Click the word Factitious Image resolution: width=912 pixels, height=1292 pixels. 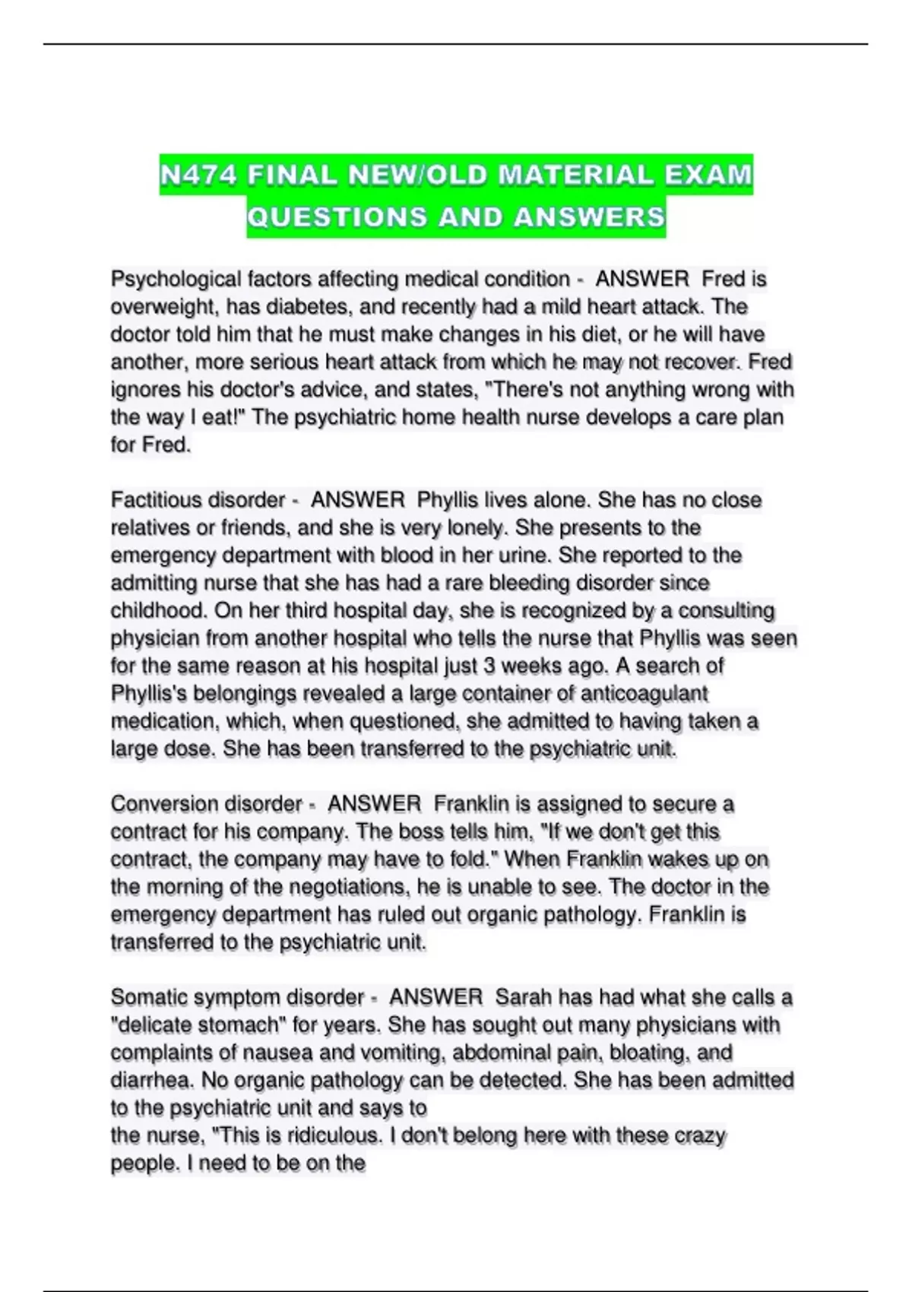tap(156, 500)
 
